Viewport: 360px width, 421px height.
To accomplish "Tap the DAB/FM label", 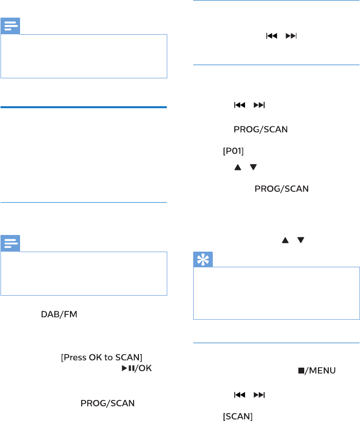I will click(x=59, y=315).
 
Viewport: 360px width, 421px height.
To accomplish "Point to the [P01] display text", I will click(x=233, y=152).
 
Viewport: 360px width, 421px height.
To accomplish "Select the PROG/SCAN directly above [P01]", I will click(x=260, y=130).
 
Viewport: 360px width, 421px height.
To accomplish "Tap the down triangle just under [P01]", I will click(x=253, y=167).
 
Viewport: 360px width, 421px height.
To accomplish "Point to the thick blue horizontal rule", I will click(x=84, y=107).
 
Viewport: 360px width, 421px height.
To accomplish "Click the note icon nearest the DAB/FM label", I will click(x=10, y=243).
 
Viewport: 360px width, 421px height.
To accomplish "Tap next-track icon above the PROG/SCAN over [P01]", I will click(x=259, y=105).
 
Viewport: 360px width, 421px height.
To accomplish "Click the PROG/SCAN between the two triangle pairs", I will click(x=281, y=189).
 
